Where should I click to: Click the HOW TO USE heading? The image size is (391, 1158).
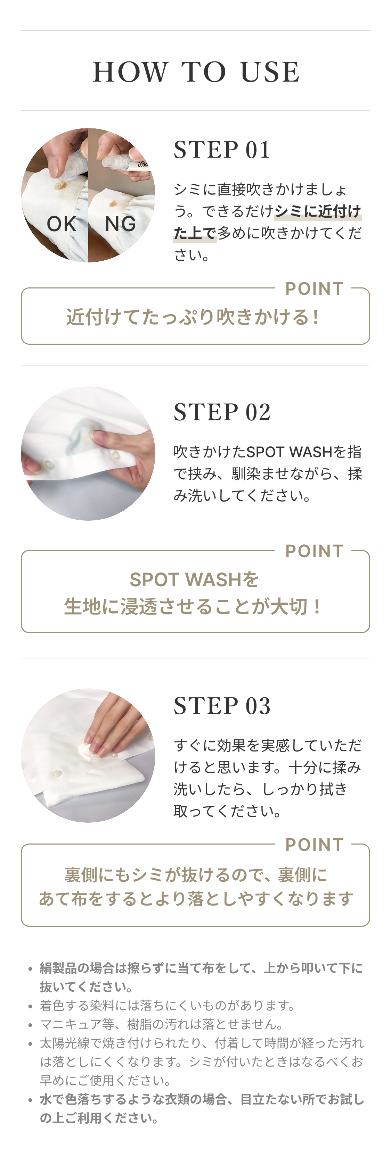[x=196, y=72]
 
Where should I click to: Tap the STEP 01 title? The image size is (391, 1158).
[x=222, y=150]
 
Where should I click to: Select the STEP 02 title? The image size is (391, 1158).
[x=222, y=412]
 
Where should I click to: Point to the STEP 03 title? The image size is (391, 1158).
[x=222, y=706]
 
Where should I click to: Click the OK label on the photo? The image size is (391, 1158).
[x=62, y=224]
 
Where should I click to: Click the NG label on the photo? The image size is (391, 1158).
[x=120, y=224]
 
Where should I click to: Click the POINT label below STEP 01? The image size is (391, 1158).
[x=314, y=288]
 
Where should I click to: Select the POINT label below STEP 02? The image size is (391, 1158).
[x=314, y=551]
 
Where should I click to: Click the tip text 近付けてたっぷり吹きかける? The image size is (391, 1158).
[x=193, y=317]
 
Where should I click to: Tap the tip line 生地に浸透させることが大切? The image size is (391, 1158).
[x=193, y=606]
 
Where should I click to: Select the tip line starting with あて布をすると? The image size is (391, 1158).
[x=196, y=899]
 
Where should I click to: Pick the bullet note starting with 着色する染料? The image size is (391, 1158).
[x=168, y=1005]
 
